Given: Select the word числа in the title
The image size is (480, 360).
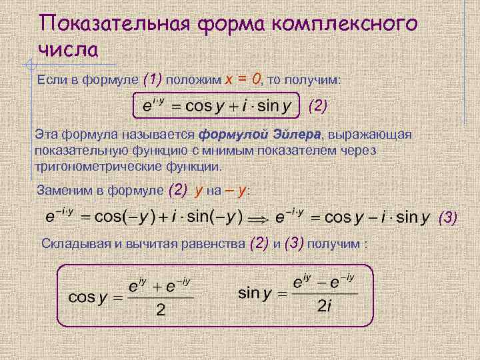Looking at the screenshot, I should (69, 49).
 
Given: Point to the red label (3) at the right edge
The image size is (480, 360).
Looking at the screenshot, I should (448, 217).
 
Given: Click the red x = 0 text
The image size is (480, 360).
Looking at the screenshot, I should (243, 79).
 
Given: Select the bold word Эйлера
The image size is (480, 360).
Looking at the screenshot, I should (293, 135).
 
